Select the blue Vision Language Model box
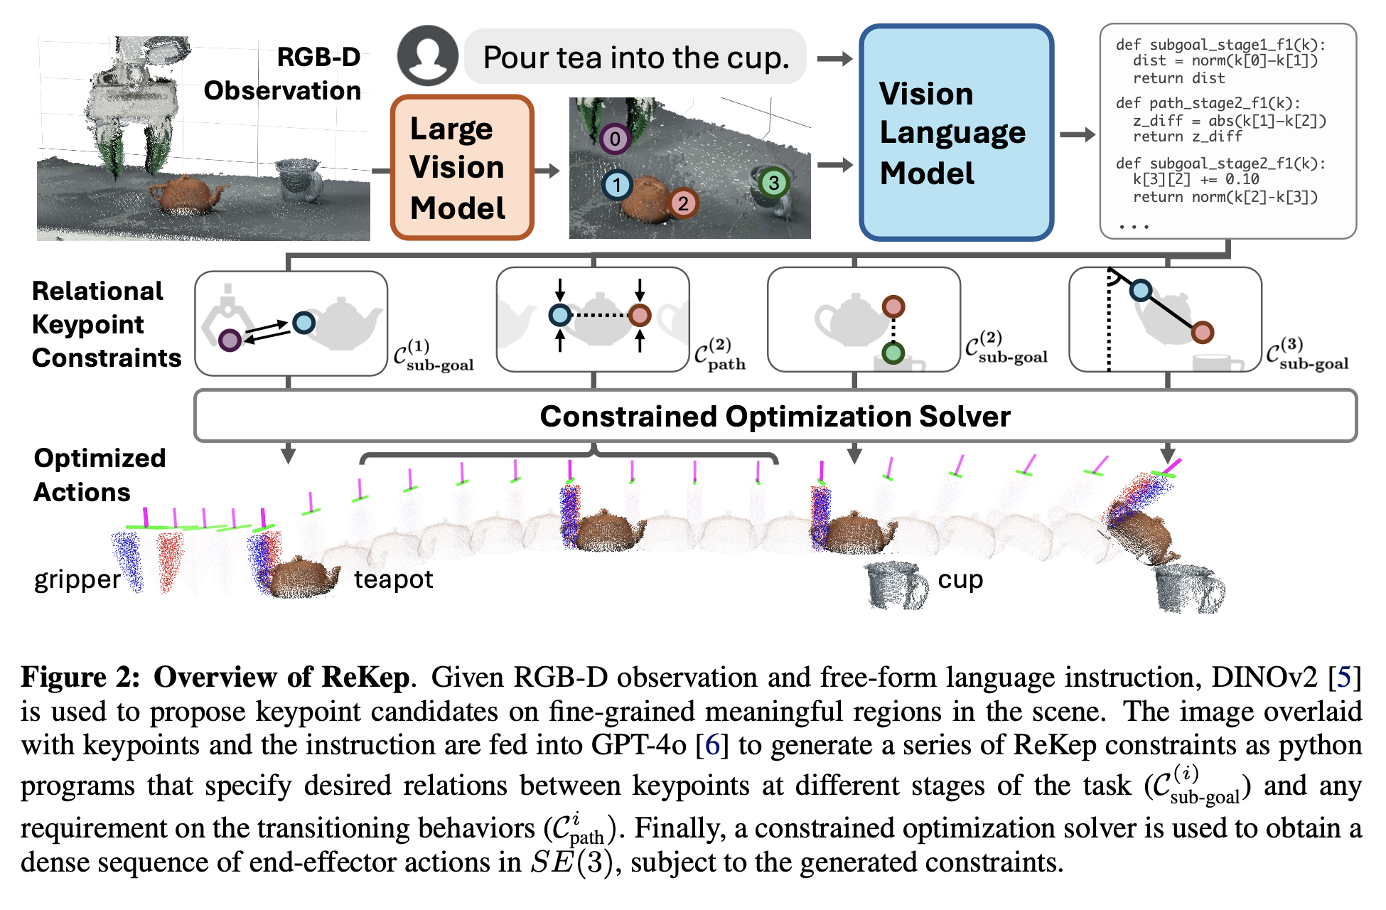pyautogui.click(x=956, y=133)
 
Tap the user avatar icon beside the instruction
pyautogui.click(x=427, y=56)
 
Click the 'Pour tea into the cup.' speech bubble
pyautogui.click(x=635, y=57)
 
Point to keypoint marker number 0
pyautogui.click(x=615, y=139)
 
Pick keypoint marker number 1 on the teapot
pyautogui.click(x=616, y=186)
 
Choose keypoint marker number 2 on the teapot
pyautogui.click(x=683, y=204)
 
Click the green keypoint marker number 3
pyautogui.click(x=773, y=183)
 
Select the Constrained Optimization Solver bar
pyautogui.click(x=775, y=416)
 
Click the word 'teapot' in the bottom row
pyautogui.click(x=394, y=579)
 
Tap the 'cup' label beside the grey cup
pyautogui.click(x=960, y=579)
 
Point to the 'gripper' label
pyautogui.click(x=77, y=580)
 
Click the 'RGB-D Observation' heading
pyautogui.click(x=283, y=74)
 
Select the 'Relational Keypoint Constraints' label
pyautogui.click(x=106, y=324)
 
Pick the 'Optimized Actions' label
pyautogui.click(x=100, y=475)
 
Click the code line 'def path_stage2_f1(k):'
pyautogui.click(x=1208, y=103)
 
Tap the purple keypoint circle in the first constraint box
pyautogui.click(x=230, y=341)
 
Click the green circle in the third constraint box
pyautogui.click(x=893, y=352)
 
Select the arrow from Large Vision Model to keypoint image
pyautogui.click(x=547, y=170)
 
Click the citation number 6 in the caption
pyautogui.click(x=712, y=745)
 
